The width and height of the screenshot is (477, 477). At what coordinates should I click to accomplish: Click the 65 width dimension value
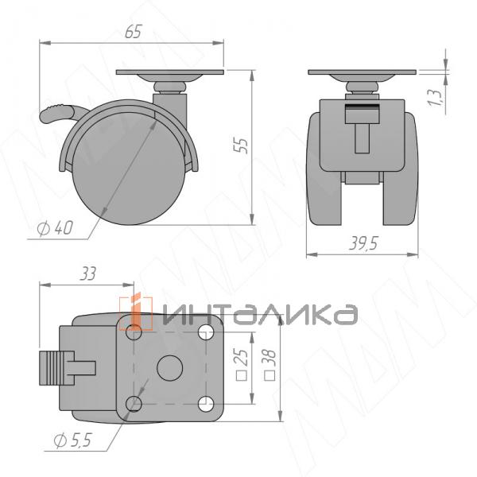click(x=133, y=32)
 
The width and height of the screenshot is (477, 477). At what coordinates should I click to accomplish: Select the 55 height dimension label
click(x=243, y=144)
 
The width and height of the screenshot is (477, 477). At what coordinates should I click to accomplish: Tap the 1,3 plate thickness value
click(x=433, y=97)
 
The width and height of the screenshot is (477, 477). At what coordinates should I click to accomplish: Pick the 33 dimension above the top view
click(x=87, y=274)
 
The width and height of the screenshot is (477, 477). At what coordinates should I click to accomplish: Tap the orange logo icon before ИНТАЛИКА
click(x=134, y=312)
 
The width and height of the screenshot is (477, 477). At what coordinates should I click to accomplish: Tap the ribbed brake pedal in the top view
click(x=60, y=367)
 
